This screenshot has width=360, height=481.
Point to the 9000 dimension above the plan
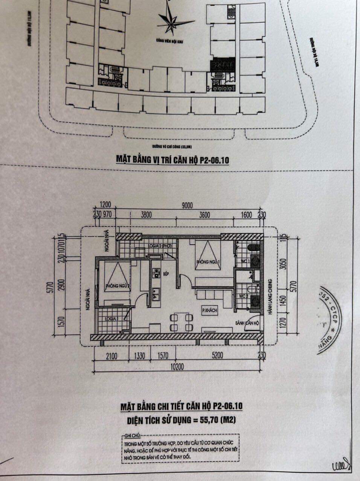[186, 205]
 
